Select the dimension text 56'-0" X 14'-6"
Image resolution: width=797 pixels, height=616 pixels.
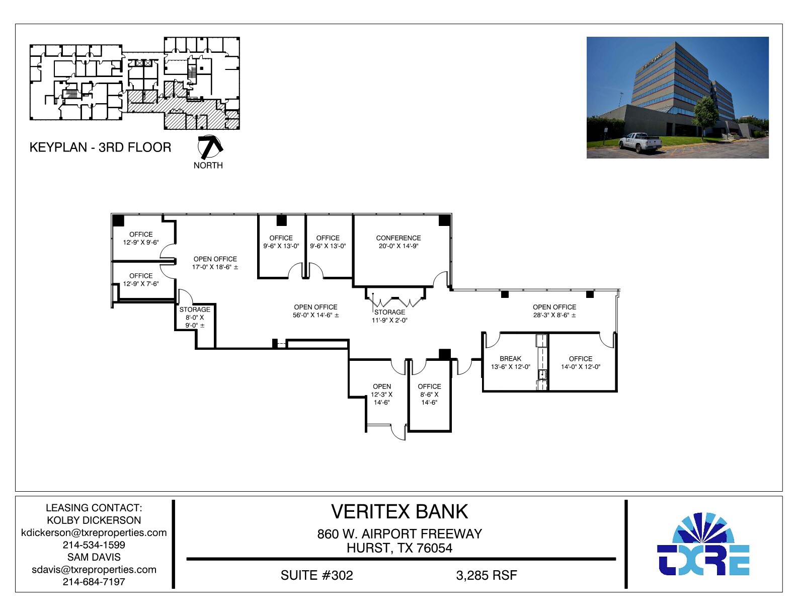(x=315, y=315)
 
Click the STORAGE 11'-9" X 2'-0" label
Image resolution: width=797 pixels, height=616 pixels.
(x=389, y=316)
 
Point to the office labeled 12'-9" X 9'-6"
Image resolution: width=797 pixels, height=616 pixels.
(x=141, y=238)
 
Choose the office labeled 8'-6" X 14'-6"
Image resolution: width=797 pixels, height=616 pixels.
(x=429, y=394)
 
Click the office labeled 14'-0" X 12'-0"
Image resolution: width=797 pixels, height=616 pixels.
(x=580, y=362)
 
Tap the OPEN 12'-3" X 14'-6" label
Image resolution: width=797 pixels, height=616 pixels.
(x=382, y=394)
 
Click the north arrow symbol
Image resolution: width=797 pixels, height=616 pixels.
(x=209, y=146)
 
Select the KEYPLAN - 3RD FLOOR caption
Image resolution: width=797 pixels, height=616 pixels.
(x=100, y=147)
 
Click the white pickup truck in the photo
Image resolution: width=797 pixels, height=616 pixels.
(x=640, y=142)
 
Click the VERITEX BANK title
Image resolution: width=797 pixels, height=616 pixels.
(x=399, y=512)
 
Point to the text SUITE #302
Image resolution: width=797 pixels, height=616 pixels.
(x=316, y=575)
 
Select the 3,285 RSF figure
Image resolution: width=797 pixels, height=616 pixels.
(x=486, y=575)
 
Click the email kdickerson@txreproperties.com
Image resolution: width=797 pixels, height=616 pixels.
(x=94, y=532)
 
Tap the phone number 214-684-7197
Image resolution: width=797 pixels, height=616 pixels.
(x=94, y=582)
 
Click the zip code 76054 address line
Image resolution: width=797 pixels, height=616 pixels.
(x=399, y=548)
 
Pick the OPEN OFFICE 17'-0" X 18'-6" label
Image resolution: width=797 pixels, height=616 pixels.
(x=215, y=263)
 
